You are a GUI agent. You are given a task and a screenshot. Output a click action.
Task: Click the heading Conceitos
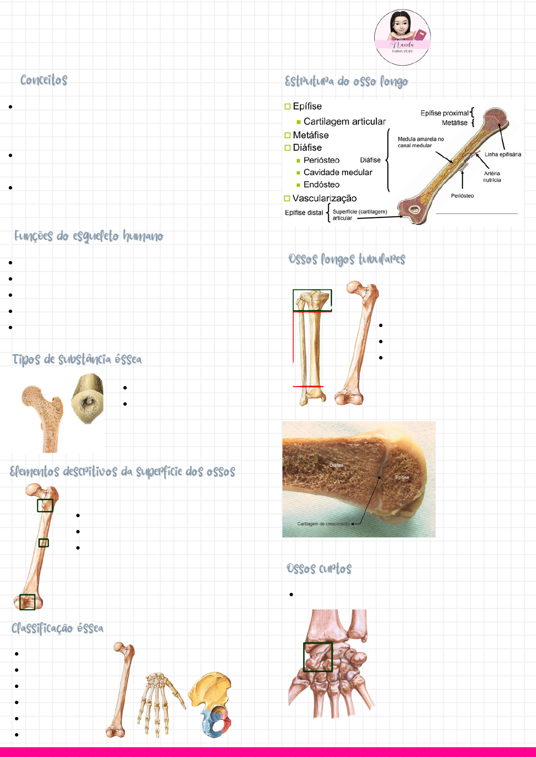(44, 80)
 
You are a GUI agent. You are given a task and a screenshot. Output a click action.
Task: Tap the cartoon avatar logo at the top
(402, 37)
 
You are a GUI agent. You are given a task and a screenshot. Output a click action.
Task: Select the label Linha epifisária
(503, 154)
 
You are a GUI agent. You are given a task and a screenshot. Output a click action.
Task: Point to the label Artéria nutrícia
(492, 176)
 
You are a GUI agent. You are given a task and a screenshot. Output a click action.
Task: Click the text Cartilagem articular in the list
(345, 122)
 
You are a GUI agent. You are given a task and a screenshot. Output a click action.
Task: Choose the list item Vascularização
(324, 199)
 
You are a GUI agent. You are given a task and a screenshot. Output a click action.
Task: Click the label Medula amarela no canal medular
(421, 142)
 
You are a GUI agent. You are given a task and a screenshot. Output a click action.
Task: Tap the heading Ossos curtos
(319, 568)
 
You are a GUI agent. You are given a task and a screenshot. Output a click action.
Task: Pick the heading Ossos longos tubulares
(347, 260)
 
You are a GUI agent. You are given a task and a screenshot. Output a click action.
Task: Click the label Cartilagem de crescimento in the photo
(323, 524)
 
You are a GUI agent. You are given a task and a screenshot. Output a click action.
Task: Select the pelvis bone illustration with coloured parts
(210, 705)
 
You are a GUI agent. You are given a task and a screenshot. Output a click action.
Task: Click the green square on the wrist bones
(318, 657)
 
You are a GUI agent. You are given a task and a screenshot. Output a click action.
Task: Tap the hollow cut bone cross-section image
(87, 398)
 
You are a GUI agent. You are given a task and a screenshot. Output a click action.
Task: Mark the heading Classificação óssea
(57, 628)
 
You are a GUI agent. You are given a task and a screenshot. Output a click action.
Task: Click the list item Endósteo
(321, 185)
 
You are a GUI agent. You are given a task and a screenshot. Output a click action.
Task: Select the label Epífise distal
(304, 212)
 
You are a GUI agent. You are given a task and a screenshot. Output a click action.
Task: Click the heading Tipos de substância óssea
(77, 359)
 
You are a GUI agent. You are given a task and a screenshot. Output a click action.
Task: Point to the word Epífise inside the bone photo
(402, 478)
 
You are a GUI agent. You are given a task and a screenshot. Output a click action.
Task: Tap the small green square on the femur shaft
(43, 543)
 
